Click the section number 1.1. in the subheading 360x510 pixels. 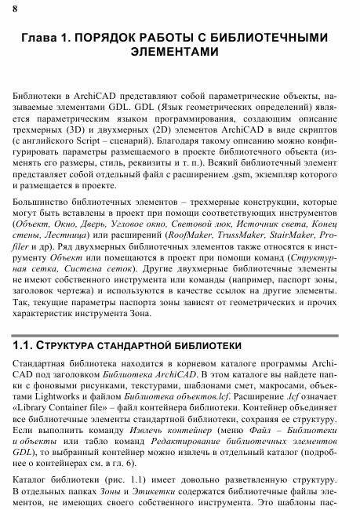(29, 346)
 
